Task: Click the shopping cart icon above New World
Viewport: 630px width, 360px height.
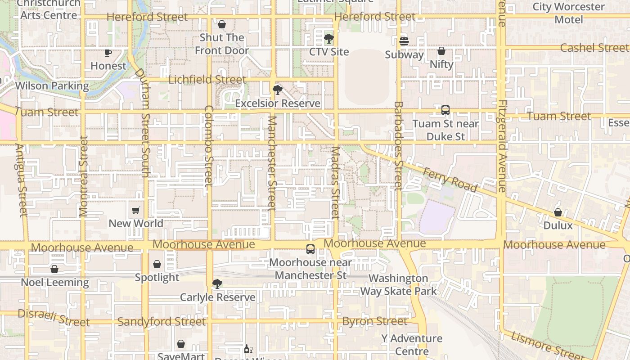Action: click(x=135, y=210)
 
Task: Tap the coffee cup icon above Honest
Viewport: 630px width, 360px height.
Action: click(x=108, y=53)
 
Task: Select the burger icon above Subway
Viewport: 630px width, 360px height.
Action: click(x=404, y=41)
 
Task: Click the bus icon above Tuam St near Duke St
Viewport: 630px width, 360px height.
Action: click(x=445, y=110)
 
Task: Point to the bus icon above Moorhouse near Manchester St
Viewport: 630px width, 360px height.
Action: click(x=310, y=249)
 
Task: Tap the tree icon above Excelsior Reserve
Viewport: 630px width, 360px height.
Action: click(x=278, y=90)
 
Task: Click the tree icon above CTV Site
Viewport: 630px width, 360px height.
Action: click(x=329, y=39)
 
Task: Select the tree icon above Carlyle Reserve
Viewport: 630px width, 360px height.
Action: click(x=217, y=284)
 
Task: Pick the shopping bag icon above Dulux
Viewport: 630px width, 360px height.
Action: click(x=558, y=212)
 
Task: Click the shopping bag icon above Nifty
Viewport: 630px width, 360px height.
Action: click(x=441, y=51)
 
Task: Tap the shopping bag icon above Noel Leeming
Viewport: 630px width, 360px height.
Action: click(x=54, y=269)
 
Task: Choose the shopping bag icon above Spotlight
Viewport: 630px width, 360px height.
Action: click(x=157, y=264)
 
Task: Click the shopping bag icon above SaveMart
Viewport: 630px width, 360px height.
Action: click(x=181, y=344)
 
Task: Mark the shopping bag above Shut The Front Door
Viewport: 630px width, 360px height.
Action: click(x=221, y=24)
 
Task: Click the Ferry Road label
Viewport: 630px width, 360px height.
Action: click(x=450, y=180)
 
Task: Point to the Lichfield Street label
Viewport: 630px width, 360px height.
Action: click(x=207, y=80)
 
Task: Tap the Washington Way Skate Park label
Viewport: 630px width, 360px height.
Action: click(x=398, y=285)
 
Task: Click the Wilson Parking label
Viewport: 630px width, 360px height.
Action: click(x=52, y=85)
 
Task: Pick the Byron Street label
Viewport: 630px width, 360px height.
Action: click(x=375, y=321)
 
